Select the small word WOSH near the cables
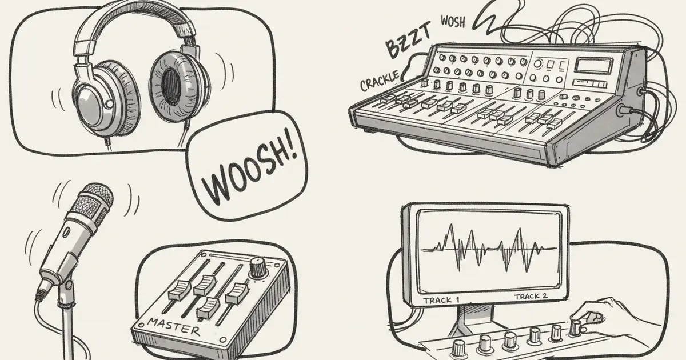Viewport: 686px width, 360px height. [453, 22]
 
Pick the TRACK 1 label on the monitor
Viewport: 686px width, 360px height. [441, 299]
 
